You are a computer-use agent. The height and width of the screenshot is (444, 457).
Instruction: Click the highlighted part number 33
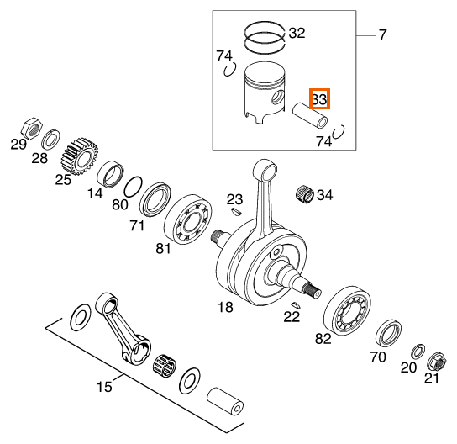(x=319, y=98)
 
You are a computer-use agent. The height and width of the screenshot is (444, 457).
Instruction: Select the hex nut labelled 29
(x=32, y=128)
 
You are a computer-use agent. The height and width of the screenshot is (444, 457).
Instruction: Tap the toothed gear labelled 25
(x=79, y=156)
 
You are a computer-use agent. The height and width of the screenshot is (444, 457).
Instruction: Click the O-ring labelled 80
(x=134, y=187)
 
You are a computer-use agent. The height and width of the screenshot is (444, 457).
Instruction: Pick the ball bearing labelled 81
(x=188, y=219)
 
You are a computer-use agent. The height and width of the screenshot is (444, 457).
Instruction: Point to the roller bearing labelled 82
(x=348, y=311)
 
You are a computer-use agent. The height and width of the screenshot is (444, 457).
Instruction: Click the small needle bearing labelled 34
(x=305, y=193)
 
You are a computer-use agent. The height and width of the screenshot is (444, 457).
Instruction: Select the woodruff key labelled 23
(x=235, y=212)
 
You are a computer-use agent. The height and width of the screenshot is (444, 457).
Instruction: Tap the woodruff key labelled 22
(x=295, y=304)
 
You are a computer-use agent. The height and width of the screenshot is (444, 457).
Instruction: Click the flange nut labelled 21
(x=437, y=362)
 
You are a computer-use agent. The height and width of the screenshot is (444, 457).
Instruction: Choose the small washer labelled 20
(x=418, y=351)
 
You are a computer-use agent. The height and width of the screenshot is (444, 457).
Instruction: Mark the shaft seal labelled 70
(x=388, y=332)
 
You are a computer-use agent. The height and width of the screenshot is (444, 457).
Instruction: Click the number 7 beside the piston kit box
(x=382, y=34)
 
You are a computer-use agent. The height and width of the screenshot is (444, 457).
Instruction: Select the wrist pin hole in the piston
(x=277, y=98)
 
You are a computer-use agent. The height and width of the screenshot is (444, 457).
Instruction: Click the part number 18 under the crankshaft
(x=225, y=307)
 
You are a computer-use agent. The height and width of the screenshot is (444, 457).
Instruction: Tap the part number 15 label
(x=104, y=387)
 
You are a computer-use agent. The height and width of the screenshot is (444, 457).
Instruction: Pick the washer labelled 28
(x=51, y=139)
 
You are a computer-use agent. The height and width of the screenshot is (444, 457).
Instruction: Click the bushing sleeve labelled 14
(x=110, y=174)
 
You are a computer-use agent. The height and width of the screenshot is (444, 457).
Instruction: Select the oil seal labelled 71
(x=155, y=200)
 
